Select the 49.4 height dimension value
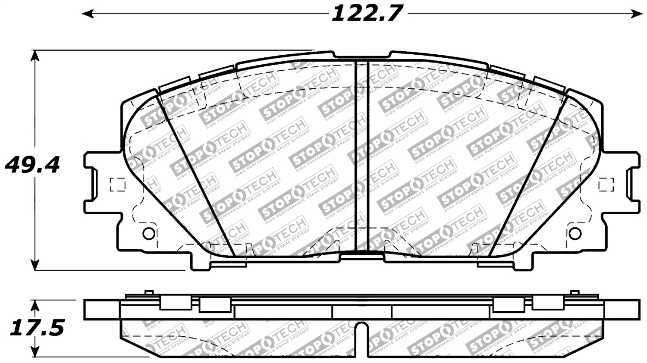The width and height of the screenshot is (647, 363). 32,165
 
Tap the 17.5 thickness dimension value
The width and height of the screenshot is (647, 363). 37,329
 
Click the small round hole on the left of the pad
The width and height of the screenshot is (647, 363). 148,233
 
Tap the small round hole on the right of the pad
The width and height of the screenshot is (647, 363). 575,233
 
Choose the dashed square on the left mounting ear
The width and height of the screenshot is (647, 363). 118,185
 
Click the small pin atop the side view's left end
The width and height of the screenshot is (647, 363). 149,293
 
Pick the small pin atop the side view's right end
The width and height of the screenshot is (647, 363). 574,293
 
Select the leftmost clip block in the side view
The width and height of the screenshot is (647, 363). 175,303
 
